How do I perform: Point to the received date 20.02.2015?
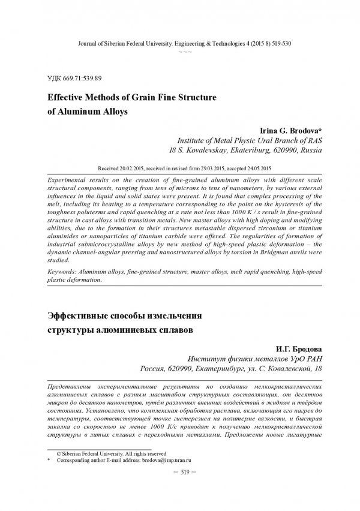pos(139,167)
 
